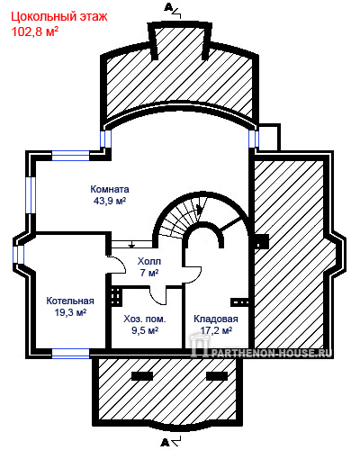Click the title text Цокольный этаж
point(59,17)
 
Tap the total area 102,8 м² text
point(35,31)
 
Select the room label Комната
point(110,189)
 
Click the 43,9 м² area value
point(110,201)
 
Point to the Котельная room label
point(70,301)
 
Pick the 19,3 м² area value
point(70,312)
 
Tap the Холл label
point(149,261)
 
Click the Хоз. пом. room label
point(145,319)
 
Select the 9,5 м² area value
point(145,330)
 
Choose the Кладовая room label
point(216,319)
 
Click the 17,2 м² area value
point(216,330)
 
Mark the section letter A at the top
point(167,7)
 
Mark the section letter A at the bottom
point(165,442)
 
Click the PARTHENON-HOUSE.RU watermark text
point(272,353)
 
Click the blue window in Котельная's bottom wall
point(71,354)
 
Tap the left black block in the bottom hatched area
point(142,376)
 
